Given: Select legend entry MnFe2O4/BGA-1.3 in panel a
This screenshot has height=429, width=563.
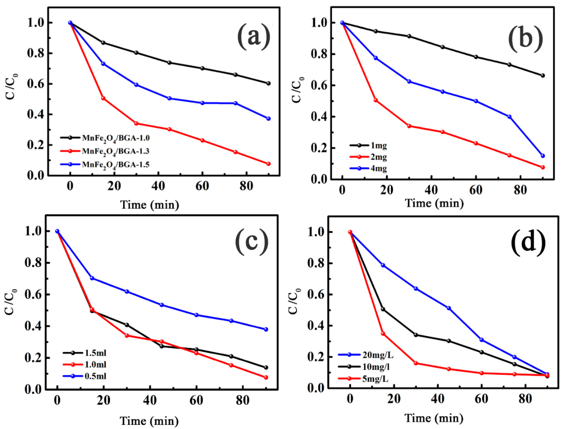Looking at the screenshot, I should pos(116,151).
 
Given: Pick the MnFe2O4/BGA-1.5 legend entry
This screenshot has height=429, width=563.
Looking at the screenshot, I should pos(116,164).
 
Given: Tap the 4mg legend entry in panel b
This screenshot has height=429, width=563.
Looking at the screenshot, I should pos(378,169).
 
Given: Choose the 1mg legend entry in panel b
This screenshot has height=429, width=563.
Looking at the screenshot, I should pos(378,146).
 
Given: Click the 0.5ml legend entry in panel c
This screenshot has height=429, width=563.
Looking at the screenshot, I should pos(95,376).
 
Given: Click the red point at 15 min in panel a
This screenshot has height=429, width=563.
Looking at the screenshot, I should pos(103,98).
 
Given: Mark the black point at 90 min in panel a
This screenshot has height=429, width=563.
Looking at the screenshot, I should pos(268,83).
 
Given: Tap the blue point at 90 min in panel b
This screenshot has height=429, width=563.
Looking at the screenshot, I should pos(543,156).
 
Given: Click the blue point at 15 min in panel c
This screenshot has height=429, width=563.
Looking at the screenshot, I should pos(92,278).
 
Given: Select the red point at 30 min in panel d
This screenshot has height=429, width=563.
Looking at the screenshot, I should pos(416,363).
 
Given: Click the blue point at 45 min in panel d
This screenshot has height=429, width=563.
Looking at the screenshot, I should pos(449,308).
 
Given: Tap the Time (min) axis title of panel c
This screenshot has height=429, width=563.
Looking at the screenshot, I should pos(149,421).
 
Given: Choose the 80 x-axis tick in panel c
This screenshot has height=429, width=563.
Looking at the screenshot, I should pos(242,400).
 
